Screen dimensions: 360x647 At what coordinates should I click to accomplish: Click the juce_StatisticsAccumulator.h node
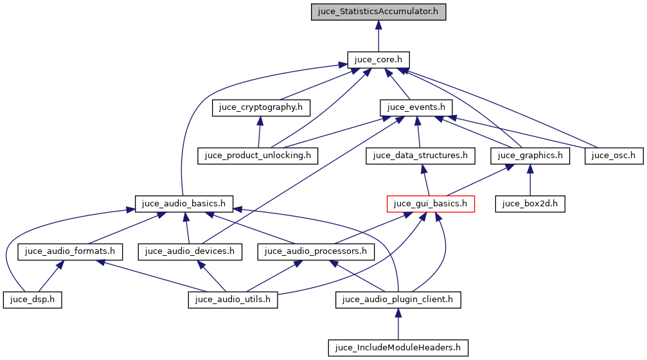click(x=378, y=12)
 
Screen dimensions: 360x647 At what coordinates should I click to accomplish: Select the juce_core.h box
click(x=378, y=60)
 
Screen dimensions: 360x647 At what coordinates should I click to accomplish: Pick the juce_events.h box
click(x=417, y=107)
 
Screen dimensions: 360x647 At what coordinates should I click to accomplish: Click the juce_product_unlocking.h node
click(x=258, y=155)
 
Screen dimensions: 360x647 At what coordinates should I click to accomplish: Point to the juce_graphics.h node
click(x=530, y=155)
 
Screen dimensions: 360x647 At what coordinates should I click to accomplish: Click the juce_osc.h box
click(x=614, y=155)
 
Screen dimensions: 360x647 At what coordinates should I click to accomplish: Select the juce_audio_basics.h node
click(x=184, y=204)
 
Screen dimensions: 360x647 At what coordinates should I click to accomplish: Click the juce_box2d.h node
click(x=530, y=204)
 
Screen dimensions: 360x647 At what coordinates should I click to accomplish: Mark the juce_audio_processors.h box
click(x=315, y=251)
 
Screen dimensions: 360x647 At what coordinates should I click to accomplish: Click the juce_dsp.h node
click(x=32, y=300)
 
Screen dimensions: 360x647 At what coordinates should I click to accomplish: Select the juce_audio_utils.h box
click(x=233, y=300)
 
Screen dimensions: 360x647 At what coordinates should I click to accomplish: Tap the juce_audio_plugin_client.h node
click(x=398, y=300)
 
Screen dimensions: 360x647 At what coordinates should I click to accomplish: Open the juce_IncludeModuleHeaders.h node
click(x=398, y=348)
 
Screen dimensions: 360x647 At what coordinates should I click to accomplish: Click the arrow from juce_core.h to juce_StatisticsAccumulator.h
click(x=378, y=36)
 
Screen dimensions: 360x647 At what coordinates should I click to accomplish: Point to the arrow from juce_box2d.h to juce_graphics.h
click(x=530, y=179)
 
